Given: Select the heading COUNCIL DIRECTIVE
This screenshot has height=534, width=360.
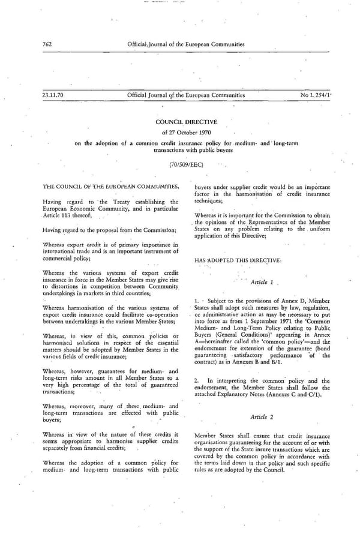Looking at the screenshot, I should [x=180, y=122].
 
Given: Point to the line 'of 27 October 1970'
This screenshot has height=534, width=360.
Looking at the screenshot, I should [x=180, y=132].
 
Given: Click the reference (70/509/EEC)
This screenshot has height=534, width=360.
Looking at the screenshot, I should [x=180, y=163].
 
